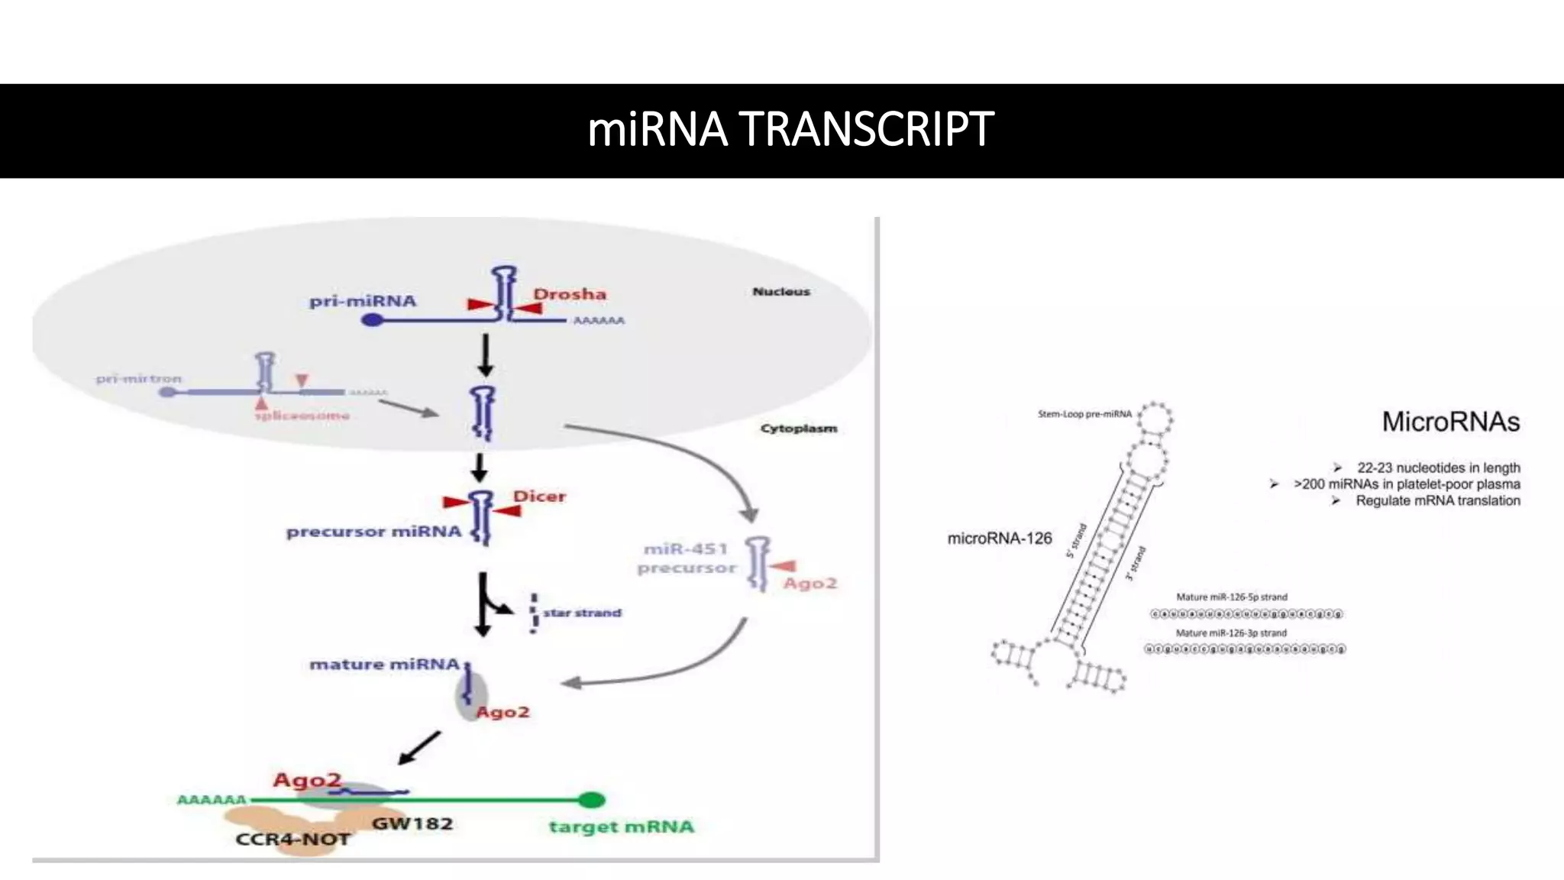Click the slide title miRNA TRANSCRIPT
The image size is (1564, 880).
790,128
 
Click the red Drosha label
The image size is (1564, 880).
569,294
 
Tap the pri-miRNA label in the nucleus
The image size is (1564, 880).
363,301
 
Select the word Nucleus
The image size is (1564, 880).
780,291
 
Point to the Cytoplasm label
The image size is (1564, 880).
798,429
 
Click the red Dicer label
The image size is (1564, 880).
539,497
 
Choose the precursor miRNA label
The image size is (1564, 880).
373,532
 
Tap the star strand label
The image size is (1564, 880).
582,613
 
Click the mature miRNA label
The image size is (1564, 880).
384,665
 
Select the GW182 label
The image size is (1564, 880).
412,824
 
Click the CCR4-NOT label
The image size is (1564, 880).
292,840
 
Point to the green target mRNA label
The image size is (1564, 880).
621,827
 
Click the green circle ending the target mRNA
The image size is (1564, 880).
591,800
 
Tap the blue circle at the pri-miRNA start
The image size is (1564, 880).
372,319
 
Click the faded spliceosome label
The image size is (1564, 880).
302,416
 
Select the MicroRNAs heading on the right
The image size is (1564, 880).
1450,422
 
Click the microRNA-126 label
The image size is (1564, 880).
999,539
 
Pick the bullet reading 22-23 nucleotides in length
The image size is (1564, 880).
1438,467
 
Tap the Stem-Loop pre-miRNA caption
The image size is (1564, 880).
1084,414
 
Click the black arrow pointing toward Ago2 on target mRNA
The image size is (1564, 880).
419,748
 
